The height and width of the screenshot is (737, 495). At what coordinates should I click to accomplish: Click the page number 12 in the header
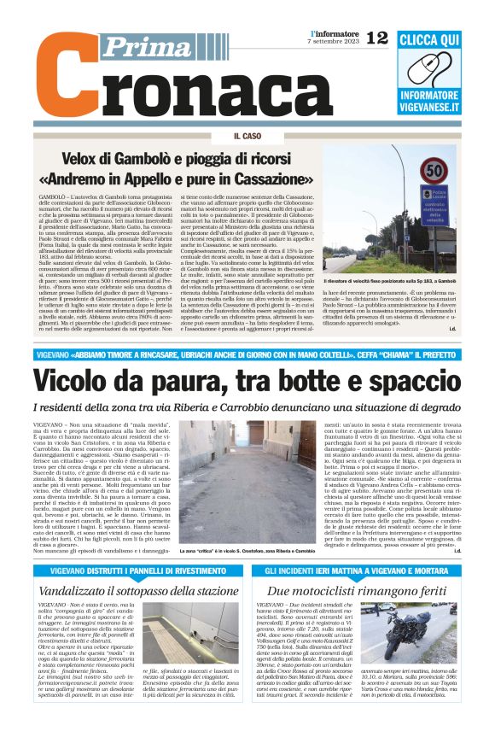tap(376, 37)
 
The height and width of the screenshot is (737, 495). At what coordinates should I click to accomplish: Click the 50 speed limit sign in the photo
tap(434, 172)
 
